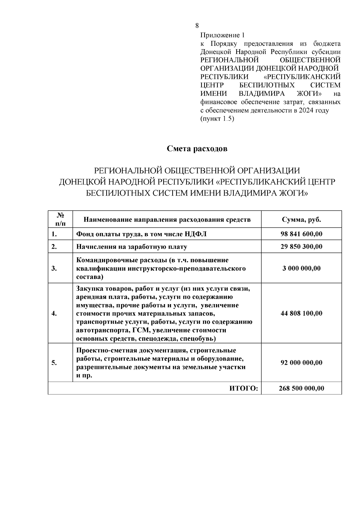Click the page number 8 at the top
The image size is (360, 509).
pyautogui.click(x=197, y=25)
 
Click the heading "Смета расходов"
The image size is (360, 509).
pyautogui.click(x=197, y=149)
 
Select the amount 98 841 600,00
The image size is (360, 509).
pyautogui.click(x=301, y=234)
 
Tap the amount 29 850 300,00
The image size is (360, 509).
pyautogui.click(x=301, y=247)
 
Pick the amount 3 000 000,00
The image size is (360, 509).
pyautogui.click(x=301, y=268)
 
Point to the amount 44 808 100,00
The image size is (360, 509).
pyautogui.click(x=301, y=313)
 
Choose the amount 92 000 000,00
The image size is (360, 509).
pyautogui.click(x=301, y=363)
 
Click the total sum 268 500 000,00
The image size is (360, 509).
pyautogui.click(x=301, y=388)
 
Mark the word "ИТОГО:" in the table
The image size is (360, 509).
pyautogui.click(x=244, y=388)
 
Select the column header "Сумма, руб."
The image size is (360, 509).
pyautogui.click(x=301, y=220)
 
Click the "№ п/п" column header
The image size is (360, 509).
pyautogui.click(x=60, y=219)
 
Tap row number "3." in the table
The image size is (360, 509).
pyautogui.click(x=54, y=268)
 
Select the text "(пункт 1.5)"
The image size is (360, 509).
pyautogui.click(x=217, y=118)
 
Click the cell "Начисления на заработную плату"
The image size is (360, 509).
pyautogui.click(x=132, y=247)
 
